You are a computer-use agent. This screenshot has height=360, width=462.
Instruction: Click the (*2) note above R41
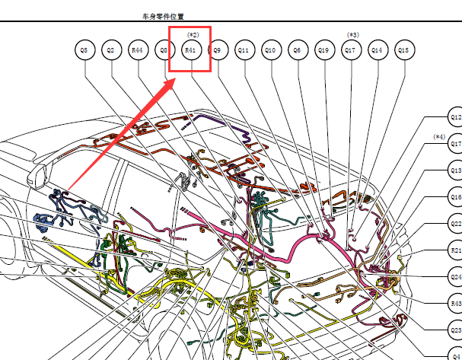[x=193, y=35]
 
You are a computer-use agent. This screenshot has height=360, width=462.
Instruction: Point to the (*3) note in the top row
[x=353, y=35]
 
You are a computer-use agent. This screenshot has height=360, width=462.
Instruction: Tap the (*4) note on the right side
[x=439, y=137]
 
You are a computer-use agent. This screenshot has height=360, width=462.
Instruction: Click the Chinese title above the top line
[x=163, y=17]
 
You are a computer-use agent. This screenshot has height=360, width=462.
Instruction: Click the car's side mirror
[x=37, y=176]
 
